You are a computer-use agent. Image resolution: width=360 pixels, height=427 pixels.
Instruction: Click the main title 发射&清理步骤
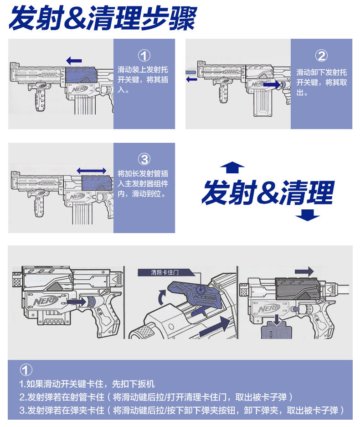[x=103, y=19]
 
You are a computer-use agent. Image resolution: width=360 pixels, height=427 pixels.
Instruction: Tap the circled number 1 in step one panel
[x=144, y=56]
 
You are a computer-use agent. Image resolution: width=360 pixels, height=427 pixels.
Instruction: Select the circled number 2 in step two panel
[x=321, y=56]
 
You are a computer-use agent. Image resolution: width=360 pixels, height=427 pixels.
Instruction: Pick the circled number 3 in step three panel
[x=144, y=159]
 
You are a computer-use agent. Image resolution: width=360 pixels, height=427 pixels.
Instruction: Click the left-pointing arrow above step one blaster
[x=74, y=60]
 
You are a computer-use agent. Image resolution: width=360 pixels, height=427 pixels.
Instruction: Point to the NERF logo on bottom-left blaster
[x=44, y=302]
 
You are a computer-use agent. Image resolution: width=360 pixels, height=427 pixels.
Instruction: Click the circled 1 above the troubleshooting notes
[x=27, y=370]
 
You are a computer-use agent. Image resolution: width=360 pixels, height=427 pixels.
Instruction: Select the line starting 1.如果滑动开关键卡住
[x=87, y=384]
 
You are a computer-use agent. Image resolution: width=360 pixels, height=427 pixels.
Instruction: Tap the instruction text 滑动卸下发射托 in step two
[x=321, y=72]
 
